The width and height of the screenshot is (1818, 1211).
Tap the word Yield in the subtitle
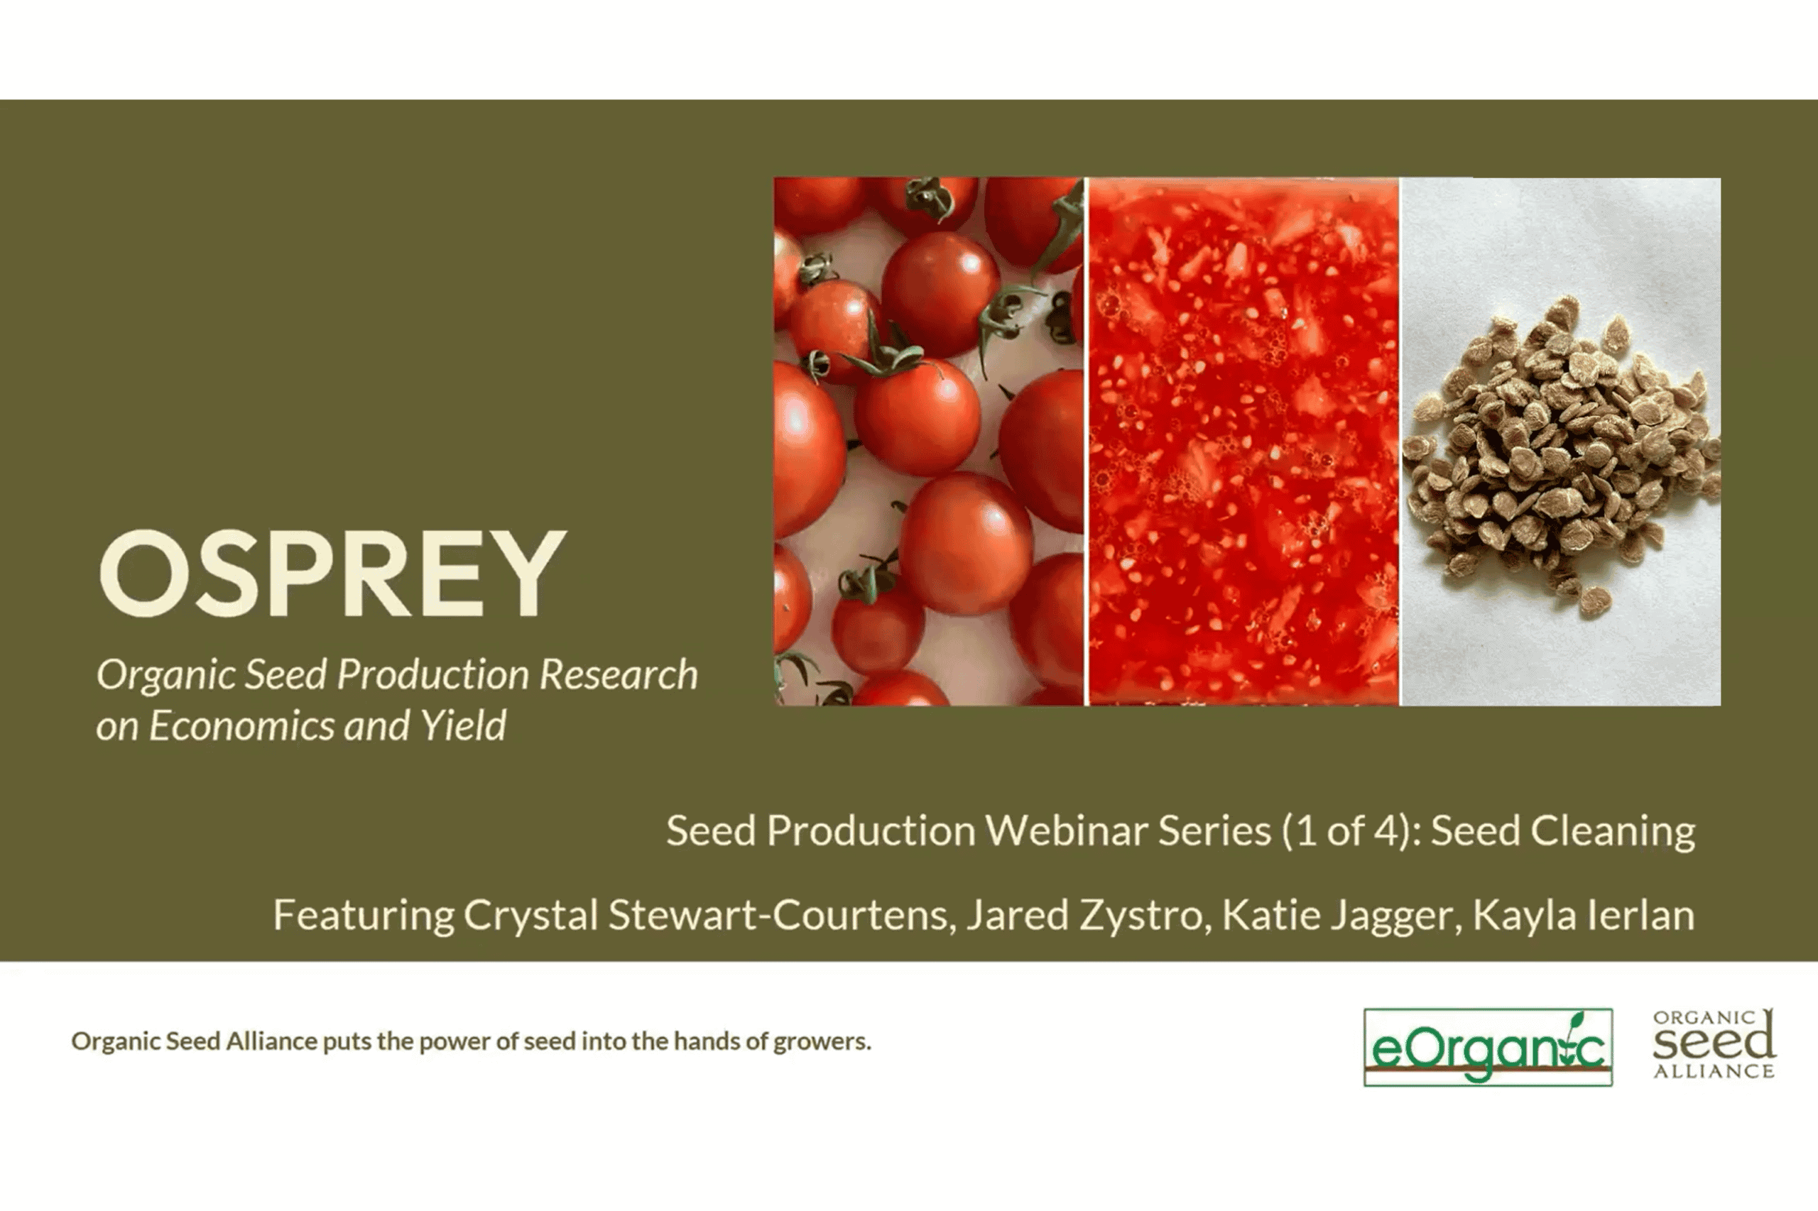tap(463, 726)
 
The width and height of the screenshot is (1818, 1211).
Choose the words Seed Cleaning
tap(1563, 831)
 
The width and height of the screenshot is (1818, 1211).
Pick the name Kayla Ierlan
tap(1583, 916)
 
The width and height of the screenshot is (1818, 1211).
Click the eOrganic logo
tap(1488, 1047)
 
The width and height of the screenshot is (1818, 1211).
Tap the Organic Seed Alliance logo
tap(1714, 1043)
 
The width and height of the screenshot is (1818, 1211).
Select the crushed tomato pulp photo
tap(1243, 441)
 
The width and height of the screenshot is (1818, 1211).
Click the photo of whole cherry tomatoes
tap(929, 441)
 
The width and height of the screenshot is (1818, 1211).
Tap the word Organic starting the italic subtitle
tap(166, 675)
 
